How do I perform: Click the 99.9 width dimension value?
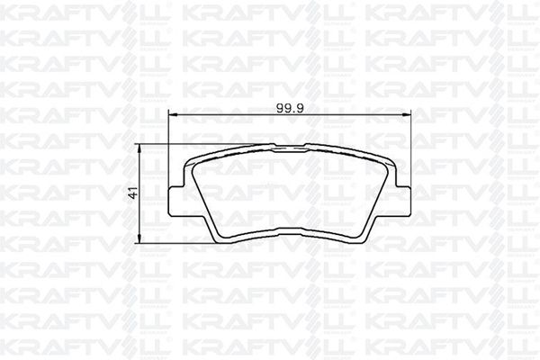290,108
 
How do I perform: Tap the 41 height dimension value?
133,193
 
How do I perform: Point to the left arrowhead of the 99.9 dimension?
173,113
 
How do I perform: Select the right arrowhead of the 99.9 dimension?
407,113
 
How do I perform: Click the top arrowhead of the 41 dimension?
139,149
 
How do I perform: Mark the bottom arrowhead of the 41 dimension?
139,238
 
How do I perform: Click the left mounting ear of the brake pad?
176,202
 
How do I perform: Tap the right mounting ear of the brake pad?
403,202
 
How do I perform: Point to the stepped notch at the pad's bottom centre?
290,235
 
